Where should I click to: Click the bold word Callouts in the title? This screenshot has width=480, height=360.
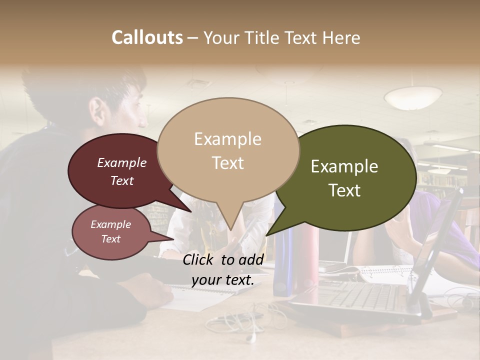click(147, 37)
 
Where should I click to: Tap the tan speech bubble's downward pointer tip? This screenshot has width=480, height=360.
click(230, 229)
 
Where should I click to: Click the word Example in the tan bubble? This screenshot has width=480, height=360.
click(227, 139)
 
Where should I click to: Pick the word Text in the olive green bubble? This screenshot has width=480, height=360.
click(345, 190)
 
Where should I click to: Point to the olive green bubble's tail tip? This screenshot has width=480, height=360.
click(267, 235)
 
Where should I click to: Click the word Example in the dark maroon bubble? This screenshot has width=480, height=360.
click(121, 162)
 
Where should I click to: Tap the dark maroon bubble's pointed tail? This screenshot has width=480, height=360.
click(191, 211)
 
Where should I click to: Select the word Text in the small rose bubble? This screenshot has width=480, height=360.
click(110, 239)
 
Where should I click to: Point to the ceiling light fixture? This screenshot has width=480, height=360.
click(412, 97)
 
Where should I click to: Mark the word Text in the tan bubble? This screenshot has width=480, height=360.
click(227, 163)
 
